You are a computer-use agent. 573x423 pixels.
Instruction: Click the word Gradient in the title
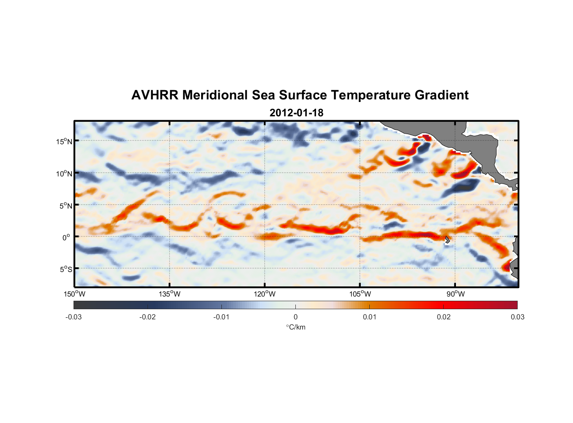coord(442,95)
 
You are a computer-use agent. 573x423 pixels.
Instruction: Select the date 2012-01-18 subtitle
coord(296,113)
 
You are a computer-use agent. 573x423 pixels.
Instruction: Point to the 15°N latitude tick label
coord(64,141)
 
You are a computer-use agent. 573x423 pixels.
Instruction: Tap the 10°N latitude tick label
coord(64,173)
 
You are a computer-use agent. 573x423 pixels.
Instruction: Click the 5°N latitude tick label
coord(66,206)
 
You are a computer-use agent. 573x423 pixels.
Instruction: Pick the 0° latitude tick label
coord(66,237)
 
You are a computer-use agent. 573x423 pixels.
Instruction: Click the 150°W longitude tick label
coord(74,294)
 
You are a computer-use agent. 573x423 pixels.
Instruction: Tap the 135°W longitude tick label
coord(169,294)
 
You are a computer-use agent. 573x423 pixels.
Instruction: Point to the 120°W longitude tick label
coord(265,294)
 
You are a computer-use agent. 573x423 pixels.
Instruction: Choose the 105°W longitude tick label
coord(360,294)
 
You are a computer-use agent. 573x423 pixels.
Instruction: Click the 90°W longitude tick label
coord(456,294)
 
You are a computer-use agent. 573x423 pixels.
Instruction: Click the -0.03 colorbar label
coord(74,317)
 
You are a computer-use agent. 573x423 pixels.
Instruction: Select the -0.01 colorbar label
coord(221,317)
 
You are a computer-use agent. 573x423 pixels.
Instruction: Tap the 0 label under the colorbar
coord(295,317)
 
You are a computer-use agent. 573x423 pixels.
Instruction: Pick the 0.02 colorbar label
coord(444,317)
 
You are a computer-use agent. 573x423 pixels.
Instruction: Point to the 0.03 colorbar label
coord(517,317)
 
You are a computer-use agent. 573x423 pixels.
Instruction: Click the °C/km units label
coord(295,327)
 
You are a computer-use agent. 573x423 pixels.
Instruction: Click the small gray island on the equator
coord(447,239)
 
